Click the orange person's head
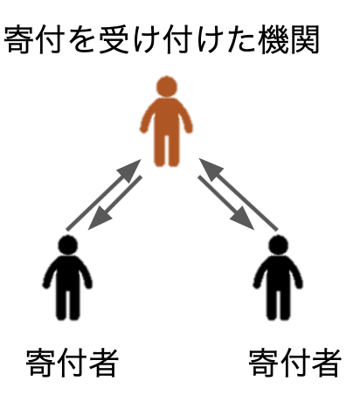[167, 87]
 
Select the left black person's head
[68, 245]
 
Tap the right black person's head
[278, 245]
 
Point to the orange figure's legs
[167, 150]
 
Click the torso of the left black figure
[68, 274]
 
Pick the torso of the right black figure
[278, 274]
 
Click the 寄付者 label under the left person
[73, 363]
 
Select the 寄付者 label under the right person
[294, 363]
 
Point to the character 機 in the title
[273, 40]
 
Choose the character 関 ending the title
[304, 40]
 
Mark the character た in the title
[241, 40]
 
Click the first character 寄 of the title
[19, 40]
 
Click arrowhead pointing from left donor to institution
[131, 170]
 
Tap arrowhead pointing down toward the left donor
[99, 219]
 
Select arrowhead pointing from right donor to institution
[210, 169]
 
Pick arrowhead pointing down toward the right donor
[244, 219]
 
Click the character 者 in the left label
[104, 363]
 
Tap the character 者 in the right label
[327, 363]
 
